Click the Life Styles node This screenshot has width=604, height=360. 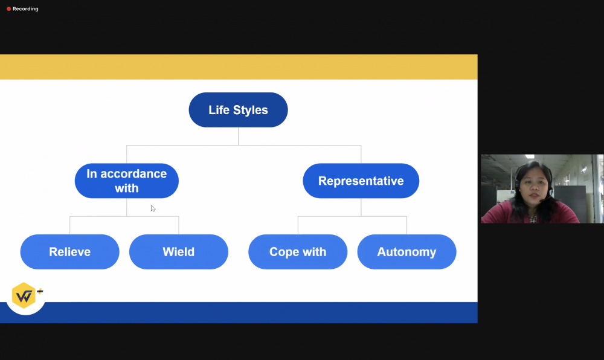point(238,110)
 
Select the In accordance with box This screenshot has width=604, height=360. point(127,181)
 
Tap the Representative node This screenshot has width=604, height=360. point(361,181)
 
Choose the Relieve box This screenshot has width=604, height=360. point(69,252)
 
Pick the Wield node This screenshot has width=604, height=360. point(179,252)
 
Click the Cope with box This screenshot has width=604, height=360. point(298,252)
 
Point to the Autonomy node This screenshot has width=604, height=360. point(406,252)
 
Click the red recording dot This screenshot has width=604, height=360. point(8,9)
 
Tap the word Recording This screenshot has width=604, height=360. point(25,9)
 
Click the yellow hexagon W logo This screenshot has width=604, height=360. point(24,295)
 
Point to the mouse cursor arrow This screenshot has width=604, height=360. point(153,208)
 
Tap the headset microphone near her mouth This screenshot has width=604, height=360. point(544,200)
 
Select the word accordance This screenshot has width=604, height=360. point(133,173)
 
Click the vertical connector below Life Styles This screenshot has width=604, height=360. point(238,137)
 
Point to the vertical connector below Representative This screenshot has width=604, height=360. point(361,207)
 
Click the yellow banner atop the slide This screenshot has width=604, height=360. point(239,67)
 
